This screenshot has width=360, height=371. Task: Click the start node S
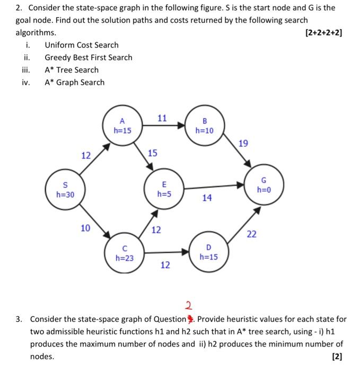(x=65, y=190)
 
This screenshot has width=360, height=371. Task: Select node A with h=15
(x=122, y=125)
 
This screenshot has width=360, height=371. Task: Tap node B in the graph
(x=204, y=125)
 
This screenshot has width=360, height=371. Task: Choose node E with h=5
(x=164, y=189)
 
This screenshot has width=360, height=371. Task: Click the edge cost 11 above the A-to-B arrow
(x=163, y=118)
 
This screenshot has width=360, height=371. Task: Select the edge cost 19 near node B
(x=243, y=143)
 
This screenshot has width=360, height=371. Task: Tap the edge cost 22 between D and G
(x=251, y=234)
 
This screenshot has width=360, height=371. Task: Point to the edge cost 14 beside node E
(x=207, y=198)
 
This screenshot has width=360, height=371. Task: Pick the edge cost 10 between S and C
(x=85, y=228)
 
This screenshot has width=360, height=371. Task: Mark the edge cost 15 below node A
(x=152, y=153)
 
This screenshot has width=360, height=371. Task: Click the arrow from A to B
(x=163, y=126)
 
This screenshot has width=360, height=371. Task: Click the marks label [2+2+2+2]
(x=324, y=32)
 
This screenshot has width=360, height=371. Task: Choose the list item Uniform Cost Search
(x=82, y=45)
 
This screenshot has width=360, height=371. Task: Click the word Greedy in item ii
(x=58, y=57)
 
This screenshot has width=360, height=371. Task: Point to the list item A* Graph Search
(x=74, y=82)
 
